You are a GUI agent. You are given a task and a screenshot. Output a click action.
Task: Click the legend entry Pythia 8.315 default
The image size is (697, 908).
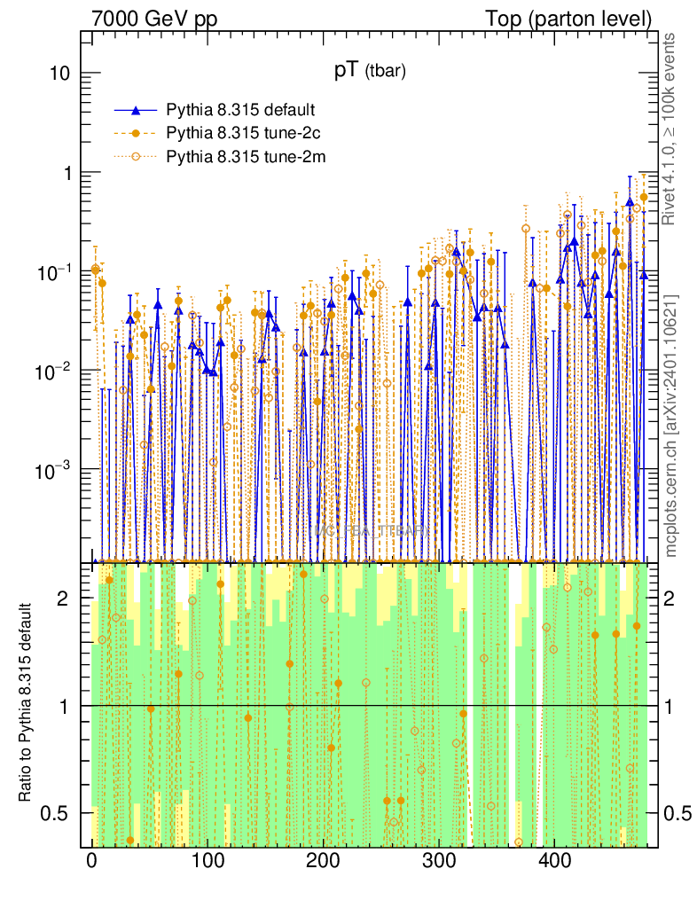click(x=240, y=111)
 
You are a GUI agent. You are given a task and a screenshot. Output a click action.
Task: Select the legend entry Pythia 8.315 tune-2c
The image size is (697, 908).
click(x=239, y=134)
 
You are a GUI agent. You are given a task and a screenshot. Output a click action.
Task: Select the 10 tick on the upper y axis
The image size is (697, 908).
click(x=59, y=74)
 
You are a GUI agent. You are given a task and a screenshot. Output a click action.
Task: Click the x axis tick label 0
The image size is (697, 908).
click(x=92, y=861)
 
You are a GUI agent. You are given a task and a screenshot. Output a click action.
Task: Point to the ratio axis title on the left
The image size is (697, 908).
click(x=27, y=703)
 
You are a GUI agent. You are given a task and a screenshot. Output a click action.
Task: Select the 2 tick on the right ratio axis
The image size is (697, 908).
click(x=671, y=599)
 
